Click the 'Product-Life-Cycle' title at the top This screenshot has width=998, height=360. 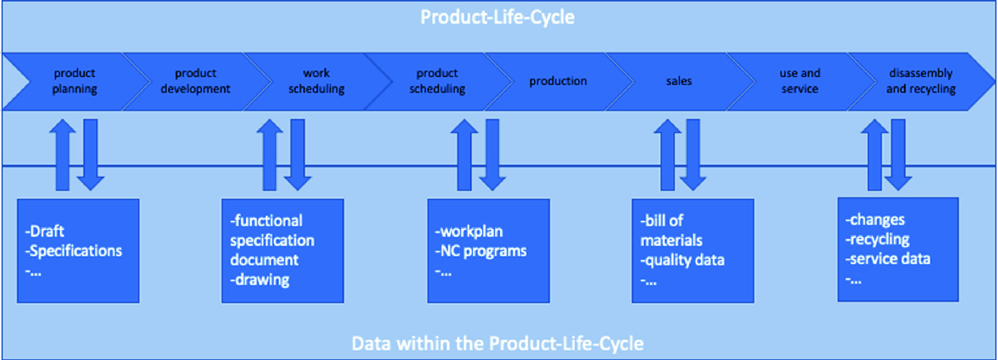click(x=498, y=18)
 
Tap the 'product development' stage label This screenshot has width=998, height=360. click(x=195, y=81)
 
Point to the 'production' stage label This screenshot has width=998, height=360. click(x=558, y=81)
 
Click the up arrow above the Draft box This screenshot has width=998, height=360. click(x=62, y=154)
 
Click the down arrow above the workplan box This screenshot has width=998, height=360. click(x=492, y=154)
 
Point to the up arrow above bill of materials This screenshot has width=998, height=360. click(x=667, y=154)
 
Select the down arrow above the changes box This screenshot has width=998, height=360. click(x=898, y=154)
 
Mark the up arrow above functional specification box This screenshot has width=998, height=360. click(x=270, y=154)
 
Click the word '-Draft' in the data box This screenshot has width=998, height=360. click(x=45, y=231)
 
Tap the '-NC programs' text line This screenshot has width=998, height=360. click(x=481, y=251)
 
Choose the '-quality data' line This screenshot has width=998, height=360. click(x=682, y=260)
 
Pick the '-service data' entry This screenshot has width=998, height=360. click(x=888, y=259)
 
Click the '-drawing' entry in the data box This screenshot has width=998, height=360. click(x=260, y=280)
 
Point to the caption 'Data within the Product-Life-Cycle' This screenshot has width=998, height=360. click(x=498, y=344)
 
